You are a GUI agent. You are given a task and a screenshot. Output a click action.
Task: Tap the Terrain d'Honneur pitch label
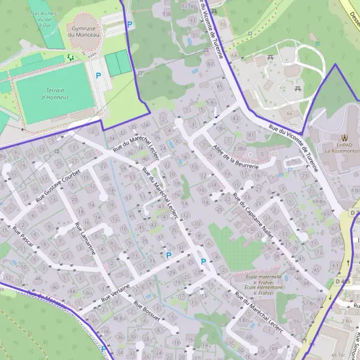pos(55,94)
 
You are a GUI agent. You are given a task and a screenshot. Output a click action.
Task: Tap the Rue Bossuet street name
pos(148,311)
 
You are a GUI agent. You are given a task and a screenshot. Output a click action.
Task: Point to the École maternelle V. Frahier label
pos(259,279)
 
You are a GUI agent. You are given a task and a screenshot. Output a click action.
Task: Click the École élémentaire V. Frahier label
pos(259,290)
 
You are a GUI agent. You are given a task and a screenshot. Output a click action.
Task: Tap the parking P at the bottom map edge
pos(104,348)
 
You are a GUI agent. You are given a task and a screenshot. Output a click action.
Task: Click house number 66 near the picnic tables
pos(290,113)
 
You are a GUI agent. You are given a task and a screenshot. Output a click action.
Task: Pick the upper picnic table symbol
pos(271,58)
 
